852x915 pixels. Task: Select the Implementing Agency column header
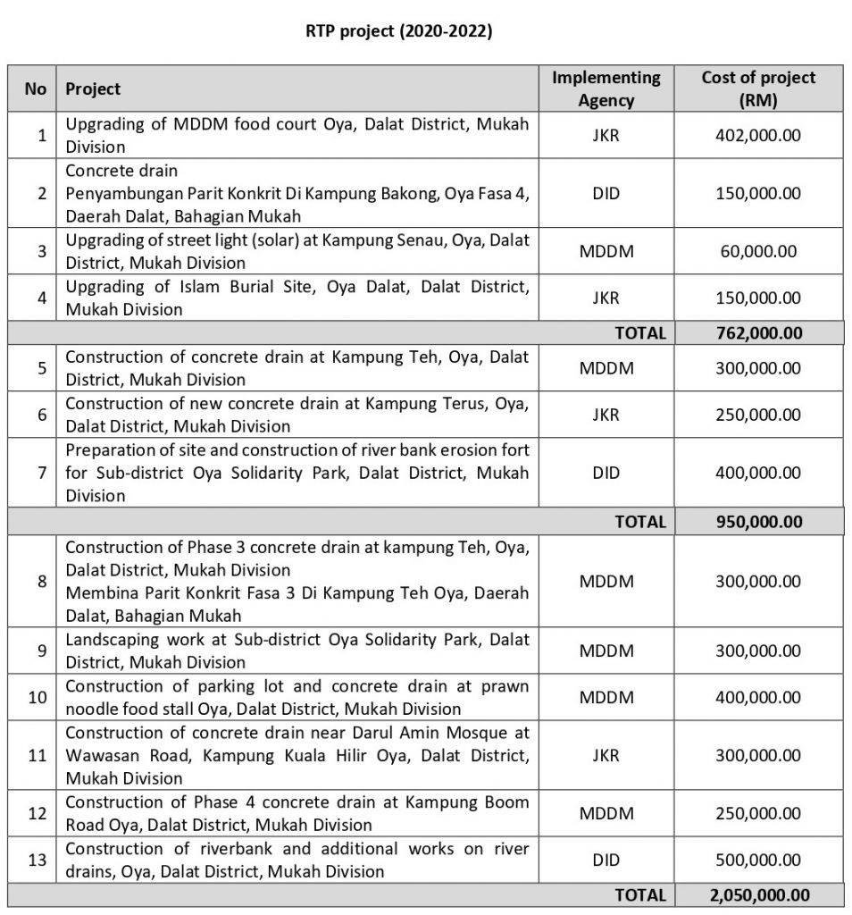606,88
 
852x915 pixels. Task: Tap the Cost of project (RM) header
758,88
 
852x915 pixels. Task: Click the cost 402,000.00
758,135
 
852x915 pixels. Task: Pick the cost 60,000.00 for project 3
758,251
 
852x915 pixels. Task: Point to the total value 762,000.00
758,333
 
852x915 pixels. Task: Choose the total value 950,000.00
758,521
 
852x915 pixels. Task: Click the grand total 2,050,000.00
758,894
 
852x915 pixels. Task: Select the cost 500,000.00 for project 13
758,859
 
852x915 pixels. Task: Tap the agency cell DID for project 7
606,473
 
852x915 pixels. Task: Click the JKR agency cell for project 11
606,755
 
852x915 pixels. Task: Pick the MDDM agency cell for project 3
606,251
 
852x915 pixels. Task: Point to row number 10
37,697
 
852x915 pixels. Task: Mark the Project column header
93,88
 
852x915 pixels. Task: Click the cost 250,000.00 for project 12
758,813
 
